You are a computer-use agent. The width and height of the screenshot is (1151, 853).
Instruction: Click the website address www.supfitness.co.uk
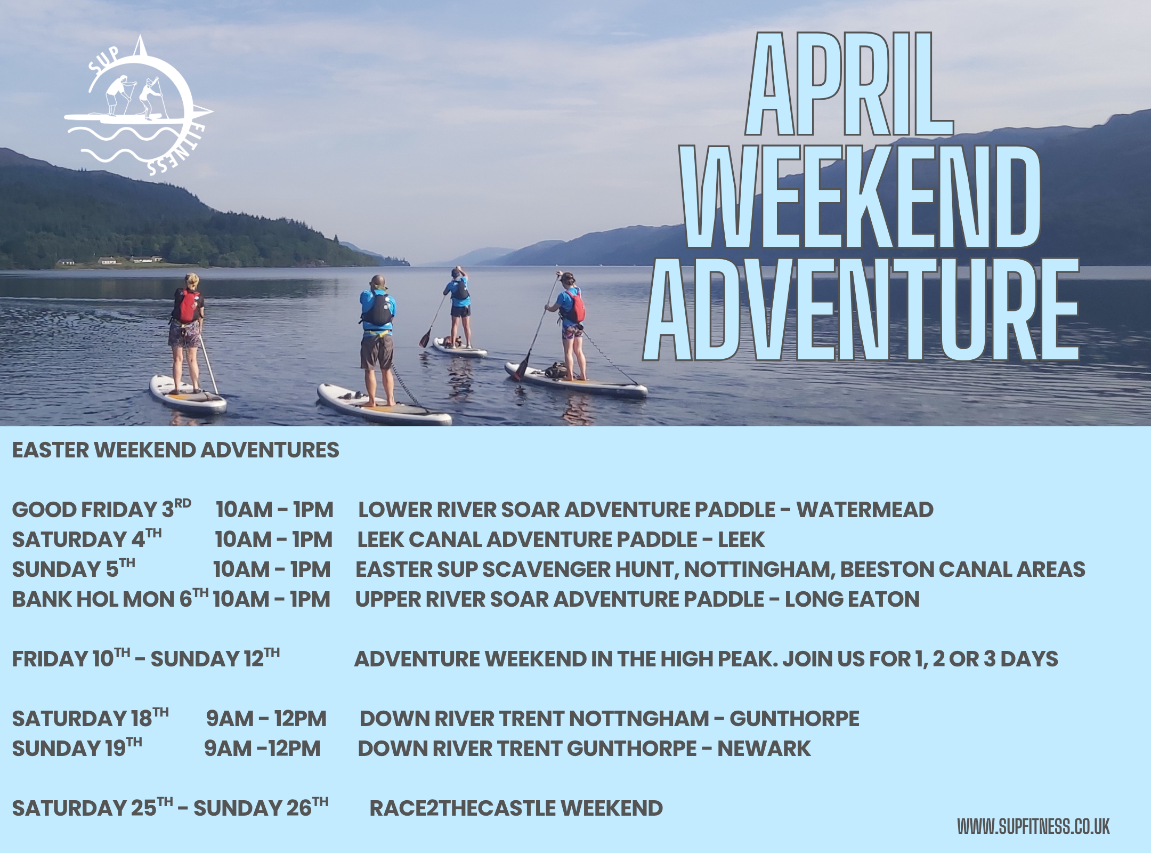coord(1033,827)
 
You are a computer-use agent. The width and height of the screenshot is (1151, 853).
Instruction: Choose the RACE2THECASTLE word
coord(461,809)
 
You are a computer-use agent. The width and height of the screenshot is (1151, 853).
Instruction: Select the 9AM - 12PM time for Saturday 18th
coord(266,719)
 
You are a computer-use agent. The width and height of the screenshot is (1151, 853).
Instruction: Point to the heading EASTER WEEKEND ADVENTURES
coord(175,450)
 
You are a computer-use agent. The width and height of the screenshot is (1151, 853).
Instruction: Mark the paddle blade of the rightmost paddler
coord(520,368)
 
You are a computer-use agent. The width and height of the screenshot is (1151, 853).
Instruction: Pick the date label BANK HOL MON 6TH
coord(110,599)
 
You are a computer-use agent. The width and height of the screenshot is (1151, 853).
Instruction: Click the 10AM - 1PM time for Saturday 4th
coord(273,540)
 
